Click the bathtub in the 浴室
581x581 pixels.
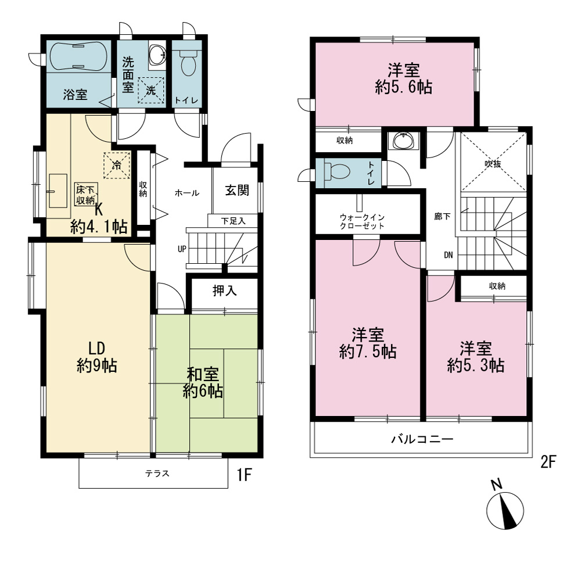coord(78,56)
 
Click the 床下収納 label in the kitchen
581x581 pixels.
coord(85,195)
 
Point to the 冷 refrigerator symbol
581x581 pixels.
coord(117,165)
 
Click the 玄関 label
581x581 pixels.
coord(237,191)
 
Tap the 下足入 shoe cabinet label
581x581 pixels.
coord(234,221)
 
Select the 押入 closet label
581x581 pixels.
coord(224,290)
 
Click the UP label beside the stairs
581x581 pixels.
coord(182,249)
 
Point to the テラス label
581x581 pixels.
coord(157,473)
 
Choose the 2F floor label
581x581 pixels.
coord(548,462)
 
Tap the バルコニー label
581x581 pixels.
coord(422,439)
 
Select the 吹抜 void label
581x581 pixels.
coord(493,163)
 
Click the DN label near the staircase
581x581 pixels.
coord(449,255)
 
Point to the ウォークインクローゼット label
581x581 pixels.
coord(362,221)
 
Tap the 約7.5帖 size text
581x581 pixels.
coord(368,352)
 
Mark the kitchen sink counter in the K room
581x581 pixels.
coord(58,191)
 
